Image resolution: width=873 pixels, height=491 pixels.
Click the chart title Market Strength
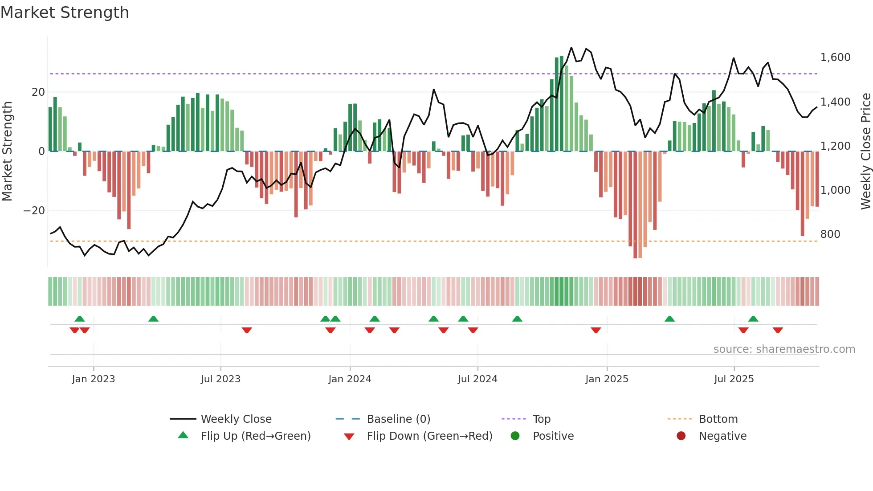pos(65,12)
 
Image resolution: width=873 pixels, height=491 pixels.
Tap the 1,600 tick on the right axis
pos(835,57)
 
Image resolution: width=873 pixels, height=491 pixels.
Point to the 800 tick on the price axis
pos(830,234)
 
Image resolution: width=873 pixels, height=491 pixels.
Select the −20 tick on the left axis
pos(34,211)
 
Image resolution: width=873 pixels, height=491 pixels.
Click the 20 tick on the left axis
pos(38,92)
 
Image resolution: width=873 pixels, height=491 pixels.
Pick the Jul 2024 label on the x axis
pos(477,379)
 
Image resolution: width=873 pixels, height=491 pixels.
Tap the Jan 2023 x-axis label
pos(94,379)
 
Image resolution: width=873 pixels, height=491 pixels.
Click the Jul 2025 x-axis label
pos(734,379)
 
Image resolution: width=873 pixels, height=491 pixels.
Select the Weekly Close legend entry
pos(236,419)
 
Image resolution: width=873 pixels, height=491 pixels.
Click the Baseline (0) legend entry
pos(398,419)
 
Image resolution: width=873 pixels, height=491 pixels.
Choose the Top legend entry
pos(541,419)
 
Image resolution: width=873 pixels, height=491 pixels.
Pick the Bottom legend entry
pos(718,419)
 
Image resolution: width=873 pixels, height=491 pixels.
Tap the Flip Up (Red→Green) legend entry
pos(255,436)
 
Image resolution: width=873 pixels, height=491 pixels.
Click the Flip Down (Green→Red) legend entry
pos(429,436)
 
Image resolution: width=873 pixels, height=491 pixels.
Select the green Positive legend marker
pos(515,436)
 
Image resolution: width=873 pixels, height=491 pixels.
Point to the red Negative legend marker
pos(681,436)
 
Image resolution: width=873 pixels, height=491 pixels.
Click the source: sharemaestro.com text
pos(784,349)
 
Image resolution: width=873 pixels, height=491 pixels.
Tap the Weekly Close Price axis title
pos(865,151)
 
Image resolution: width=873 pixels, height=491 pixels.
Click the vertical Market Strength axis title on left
pos(7,151)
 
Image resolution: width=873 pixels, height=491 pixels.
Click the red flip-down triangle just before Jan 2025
pos(596,330)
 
